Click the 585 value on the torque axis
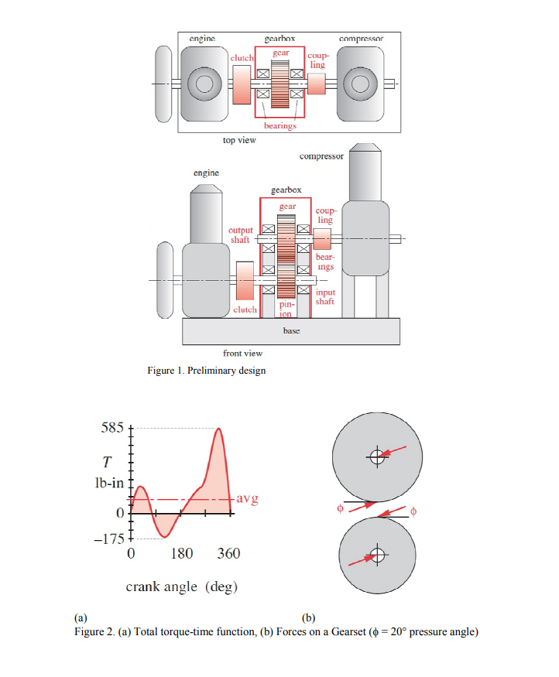click(111, 428)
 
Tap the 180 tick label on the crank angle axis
click(181, 554)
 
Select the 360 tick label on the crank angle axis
click(228, 554)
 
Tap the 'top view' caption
click(239, 140)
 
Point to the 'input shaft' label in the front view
click(325, 297)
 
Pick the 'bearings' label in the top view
click(279, 125)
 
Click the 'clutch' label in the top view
click(242, 58)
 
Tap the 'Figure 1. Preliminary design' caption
click(206, 371)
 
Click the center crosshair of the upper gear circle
click(376, 456)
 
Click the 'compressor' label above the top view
click(360, 37)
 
